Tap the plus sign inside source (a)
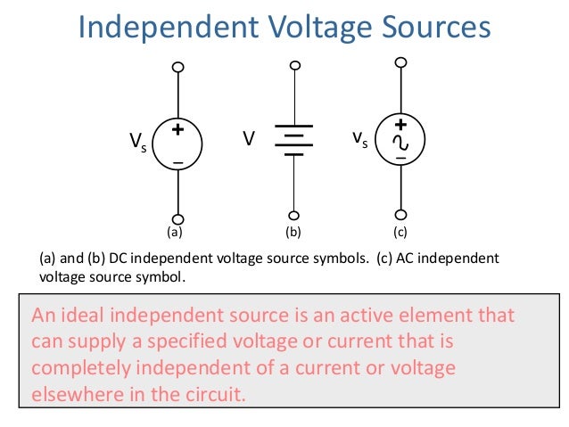[x=177, y=130]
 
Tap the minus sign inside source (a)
[x=177, y=163]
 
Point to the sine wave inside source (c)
[x=401, y=143]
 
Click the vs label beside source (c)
[x=359, y=140]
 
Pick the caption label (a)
[x=175, y=234]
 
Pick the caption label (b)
[x=293, y=234]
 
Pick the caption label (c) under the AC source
[x=400, y=234]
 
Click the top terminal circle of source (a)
[x=178, y=67]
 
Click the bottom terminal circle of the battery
[x=293, y=215]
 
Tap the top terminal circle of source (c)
[x=401, y=62]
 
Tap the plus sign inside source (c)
[x=401, y=126]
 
